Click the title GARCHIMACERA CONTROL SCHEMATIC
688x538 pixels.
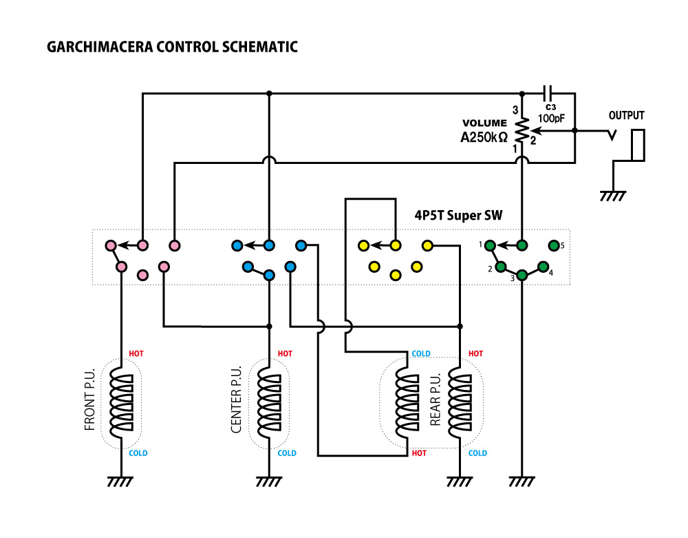[x=172, y=48]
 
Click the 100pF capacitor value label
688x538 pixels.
[x=550, y=118]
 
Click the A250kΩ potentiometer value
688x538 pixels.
[x=484, y=137]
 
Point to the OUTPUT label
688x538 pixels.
[x=626, y=116]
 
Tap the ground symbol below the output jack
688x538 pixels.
[x=613, y=196]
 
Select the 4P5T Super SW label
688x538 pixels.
[x=458, y=216]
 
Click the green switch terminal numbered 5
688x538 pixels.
[x=553, y=245]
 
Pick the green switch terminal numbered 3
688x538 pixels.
[x=522, y=276]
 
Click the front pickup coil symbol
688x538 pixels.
[x=122, y=402]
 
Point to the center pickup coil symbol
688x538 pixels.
[x=269, y=402]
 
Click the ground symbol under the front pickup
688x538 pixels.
[x=122, y=482]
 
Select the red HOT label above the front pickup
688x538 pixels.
[x=136, y=354]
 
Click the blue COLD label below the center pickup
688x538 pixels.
[x=287, y=453]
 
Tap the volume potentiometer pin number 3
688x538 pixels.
[x=515, y=110]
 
